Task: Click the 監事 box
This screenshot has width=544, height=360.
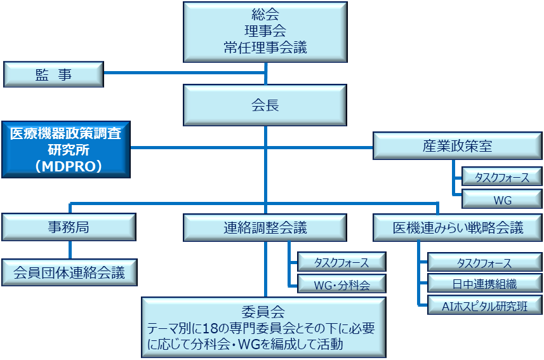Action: (x=53, y=75)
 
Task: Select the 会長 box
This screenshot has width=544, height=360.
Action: (x=265, y=106)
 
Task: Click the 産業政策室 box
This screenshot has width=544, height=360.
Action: (x=457, y=146)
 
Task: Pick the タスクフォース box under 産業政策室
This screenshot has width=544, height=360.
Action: (x=501, y=177)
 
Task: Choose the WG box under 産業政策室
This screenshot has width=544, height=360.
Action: (x=501, y=199)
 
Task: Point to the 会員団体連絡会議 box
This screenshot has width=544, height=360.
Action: (x=69, y=273)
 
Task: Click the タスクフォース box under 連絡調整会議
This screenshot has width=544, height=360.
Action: (x=342, y=262)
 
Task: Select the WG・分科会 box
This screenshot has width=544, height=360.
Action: (x=342, y=284)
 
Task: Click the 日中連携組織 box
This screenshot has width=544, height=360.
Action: (x=484, y=284)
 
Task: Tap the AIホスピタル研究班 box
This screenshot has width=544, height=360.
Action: (x=484, y=305)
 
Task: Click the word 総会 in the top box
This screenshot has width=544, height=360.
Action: (x=265, y=14)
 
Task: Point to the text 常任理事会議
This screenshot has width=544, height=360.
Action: (x=265, y=48)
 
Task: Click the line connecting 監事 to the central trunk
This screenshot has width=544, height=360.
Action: (x=184, y=72)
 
